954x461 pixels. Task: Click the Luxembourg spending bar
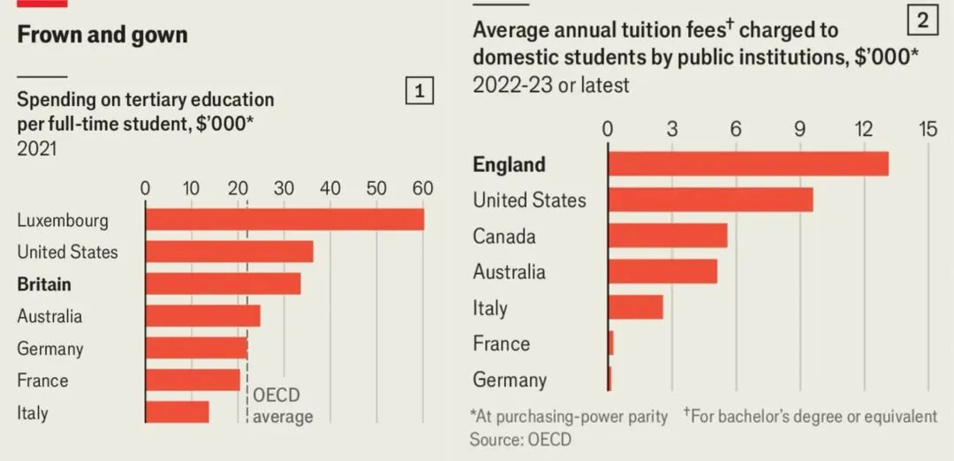point(284,220)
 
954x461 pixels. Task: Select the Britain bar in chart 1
point(223,283)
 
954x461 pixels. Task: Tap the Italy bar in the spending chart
point(177,412)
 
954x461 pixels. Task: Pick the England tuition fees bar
point(747,164)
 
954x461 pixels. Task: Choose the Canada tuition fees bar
point(667,236)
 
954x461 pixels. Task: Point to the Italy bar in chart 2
point(635,307)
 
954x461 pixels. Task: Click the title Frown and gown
point(102,35)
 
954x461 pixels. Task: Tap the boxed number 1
point(420,91)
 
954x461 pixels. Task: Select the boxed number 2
point(922,19)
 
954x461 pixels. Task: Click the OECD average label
point(283,405)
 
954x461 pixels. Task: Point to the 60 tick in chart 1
point(423,188)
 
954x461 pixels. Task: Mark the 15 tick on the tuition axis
point(927,129)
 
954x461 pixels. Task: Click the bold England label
point(509,164)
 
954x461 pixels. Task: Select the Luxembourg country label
point(63,220)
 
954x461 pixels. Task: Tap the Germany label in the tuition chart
point(510,380)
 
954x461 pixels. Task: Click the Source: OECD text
point(520,439)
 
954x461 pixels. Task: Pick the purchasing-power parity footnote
point(569,416)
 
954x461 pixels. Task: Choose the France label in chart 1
point(42,381)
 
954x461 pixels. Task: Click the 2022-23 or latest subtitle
point(551,85)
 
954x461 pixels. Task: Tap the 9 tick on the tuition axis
point(799,129)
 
